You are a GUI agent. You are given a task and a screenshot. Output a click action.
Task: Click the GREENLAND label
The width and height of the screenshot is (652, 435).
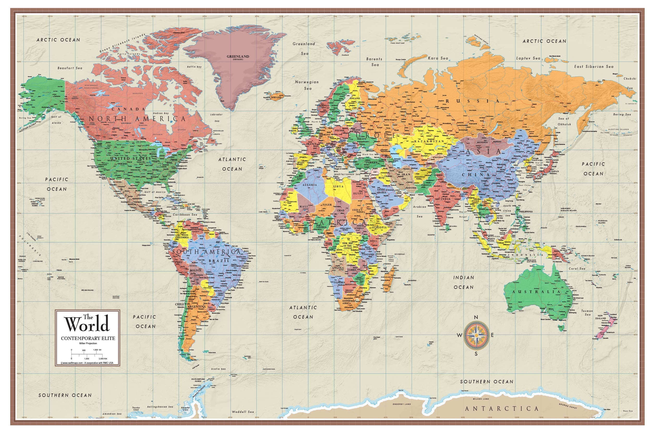point(238,57)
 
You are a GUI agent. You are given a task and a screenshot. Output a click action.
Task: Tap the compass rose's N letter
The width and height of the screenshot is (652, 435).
point(476,317)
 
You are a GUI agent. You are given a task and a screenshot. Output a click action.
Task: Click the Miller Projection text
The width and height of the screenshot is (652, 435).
point(88,343)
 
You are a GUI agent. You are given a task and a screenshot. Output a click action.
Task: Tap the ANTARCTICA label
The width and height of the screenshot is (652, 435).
point(502,409)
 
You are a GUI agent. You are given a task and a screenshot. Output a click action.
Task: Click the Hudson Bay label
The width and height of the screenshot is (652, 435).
point(161,113)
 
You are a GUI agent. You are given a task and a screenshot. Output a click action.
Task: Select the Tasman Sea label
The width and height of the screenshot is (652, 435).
point(587,313)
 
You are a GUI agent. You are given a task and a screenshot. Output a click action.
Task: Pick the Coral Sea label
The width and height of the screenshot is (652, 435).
point(577,269)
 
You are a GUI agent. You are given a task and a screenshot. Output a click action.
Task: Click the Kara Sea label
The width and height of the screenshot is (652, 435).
point(438,58)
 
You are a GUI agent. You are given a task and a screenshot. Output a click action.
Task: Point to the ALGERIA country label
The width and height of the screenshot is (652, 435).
point(310,185)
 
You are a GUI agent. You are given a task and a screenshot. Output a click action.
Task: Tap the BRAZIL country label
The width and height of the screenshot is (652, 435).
point(219,261)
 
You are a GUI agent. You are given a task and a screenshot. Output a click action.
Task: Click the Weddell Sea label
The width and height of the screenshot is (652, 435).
point(243,412)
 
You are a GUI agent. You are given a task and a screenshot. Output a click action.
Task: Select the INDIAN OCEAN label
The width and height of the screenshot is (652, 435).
point(464,282)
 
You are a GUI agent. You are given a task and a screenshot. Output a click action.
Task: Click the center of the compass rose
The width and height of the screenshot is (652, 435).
point(476,335)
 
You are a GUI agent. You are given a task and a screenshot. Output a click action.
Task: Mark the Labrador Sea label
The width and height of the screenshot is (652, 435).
point(216,118)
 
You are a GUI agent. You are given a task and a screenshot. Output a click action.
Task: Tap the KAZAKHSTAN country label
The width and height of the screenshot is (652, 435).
point(429,141)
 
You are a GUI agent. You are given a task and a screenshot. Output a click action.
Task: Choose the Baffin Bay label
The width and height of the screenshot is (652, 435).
point(194,67)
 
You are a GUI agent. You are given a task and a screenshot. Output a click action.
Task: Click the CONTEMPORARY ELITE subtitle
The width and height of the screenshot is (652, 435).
point(88,338)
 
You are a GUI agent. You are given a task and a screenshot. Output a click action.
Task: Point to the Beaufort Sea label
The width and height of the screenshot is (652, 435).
point(70,68)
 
